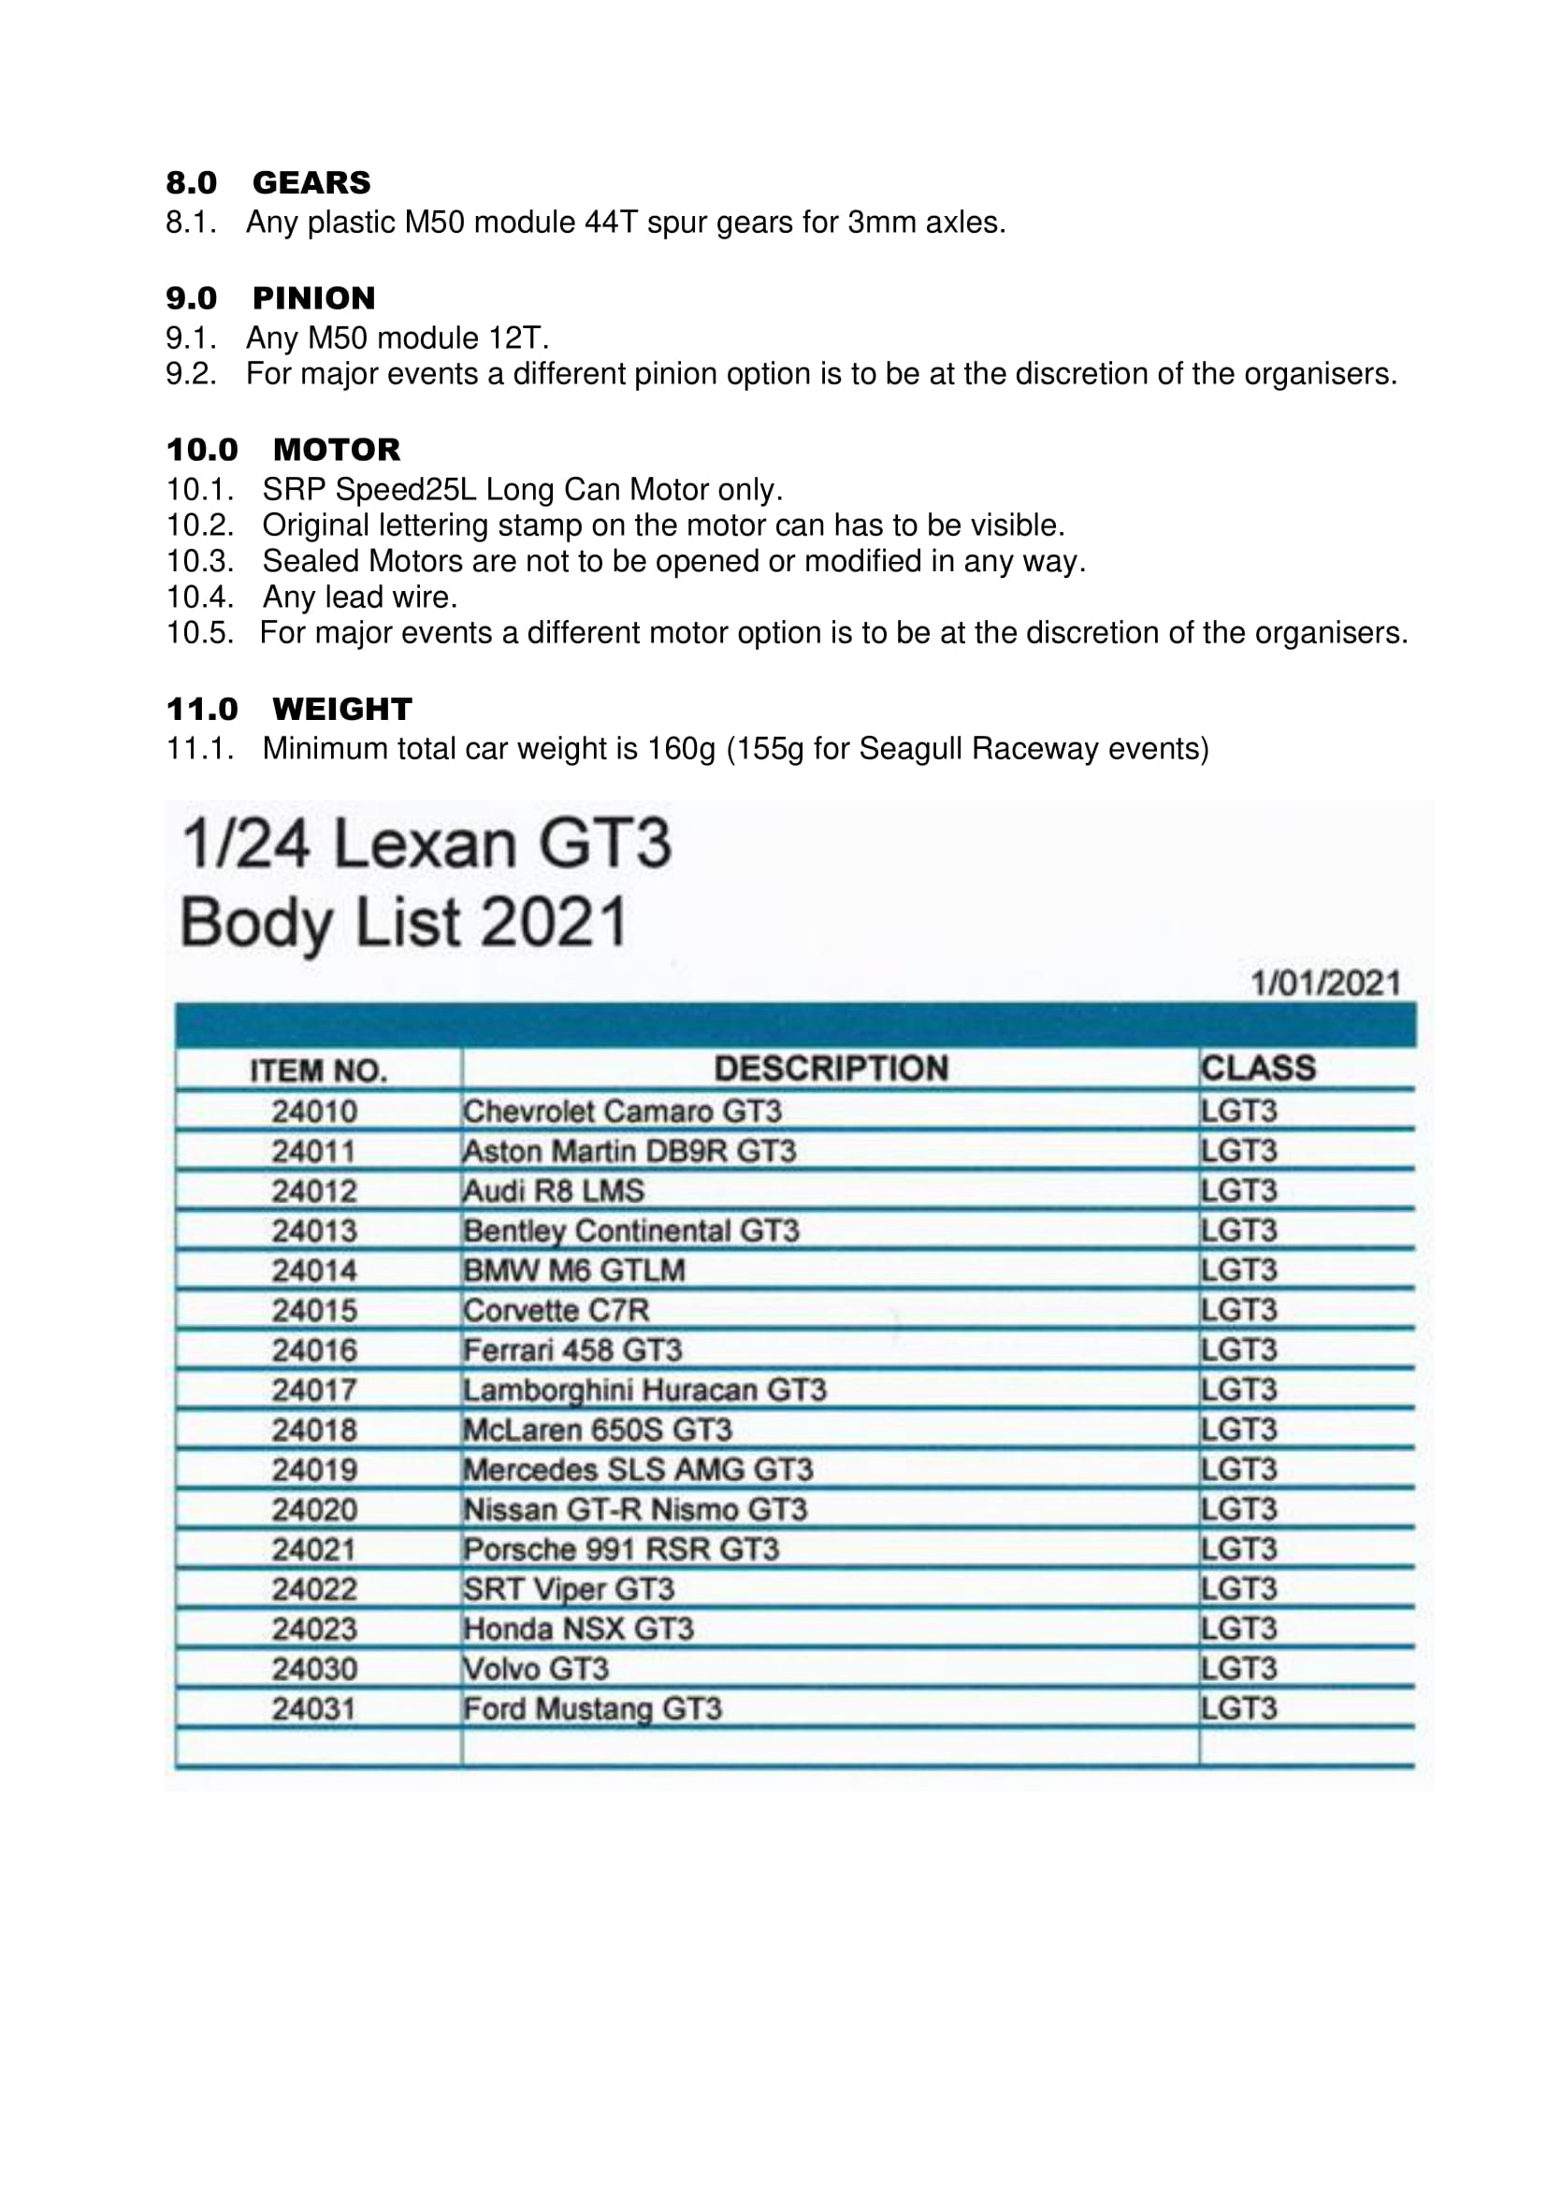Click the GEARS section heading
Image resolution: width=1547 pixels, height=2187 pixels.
pos(311,182)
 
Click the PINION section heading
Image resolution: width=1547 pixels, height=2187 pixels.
pos(313,298)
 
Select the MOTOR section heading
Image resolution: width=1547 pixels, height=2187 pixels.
pos(337,450)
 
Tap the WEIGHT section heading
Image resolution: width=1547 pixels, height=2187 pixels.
pos(341,709)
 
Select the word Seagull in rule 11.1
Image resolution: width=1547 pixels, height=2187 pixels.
pos(911,749)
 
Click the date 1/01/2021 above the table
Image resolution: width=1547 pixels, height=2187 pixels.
pos(1325,983)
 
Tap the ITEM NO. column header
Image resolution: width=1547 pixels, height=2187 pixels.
pos(318,1072)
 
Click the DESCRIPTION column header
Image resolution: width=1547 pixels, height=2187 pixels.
pos(831,1069)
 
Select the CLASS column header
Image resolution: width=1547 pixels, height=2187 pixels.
pos(1257,1068)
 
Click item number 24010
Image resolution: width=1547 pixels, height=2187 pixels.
pos(314,1112)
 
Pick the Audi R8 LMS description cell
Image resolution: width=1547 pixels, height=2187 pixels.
pos(554,1190)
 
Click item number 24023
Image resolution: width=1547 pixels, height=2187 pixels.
pos(314,1629)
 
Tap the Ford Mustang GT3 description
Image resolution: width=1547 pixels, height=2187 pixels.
pos(592,1709)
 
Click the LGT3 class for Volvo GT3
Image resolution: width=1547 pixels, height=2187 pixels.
pos(1238,1669)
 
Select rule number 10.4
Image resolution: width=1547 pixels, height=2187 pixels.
pos(199,597)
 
